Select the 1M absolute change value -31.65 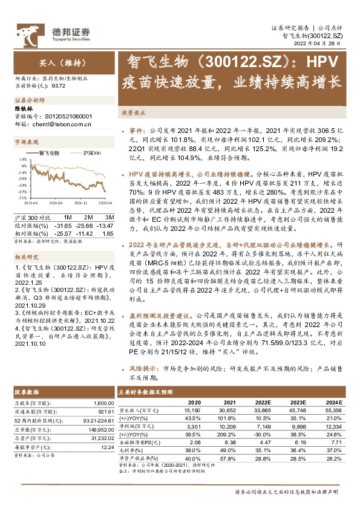tap(63, 225)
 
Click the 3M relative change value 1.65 tap(107, 232)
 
